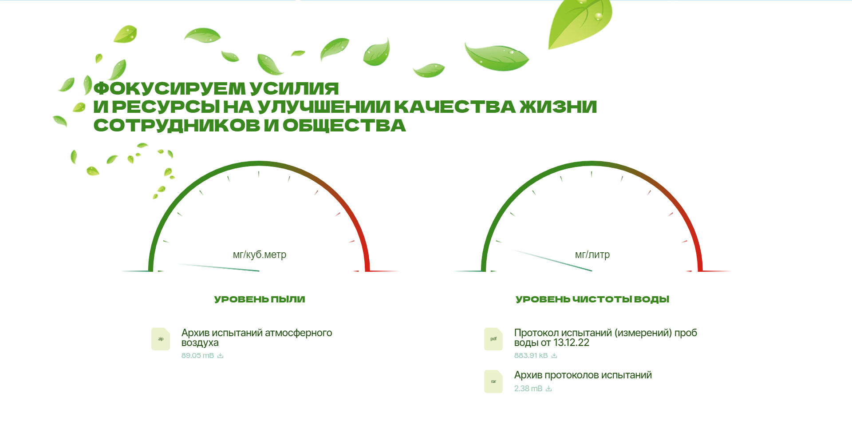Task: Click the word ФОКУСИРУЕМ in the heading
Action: click(170, 88)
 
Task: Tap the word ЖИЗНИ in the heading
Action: click(558, 107)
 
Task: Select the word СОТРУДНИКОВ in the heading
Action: click(177, 126)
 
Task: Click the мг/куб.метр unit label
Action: click(260, 255)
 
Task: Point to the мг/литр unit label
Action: click(592, 255)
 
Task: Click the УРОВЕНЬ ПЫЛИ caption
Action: click(260, 299)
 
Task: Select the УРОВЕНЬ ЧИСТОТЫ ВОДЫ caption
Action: click(592, 299)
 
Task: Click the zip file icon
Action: click(161, 339)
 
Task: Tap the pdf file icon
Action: click(493, 339)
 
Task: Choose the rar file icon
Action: click(493, 381)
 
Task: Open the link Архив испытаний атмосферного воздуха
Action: click(256, 338)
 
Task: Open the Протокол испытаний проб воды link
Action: click(606, 338)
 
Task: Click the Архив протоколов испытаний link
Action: click(583, 375)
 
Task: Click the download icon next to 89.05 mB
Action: click(221, 356)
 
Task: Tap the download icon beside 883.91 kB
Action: click(554, 356)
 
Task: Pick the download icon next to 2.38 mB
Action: click(549, 389)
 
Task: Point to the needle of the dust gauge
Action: click(218, 267)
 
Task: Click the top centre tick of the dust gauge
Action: click(259, 175)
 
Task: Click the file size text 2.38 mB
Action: click(528, 389)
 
